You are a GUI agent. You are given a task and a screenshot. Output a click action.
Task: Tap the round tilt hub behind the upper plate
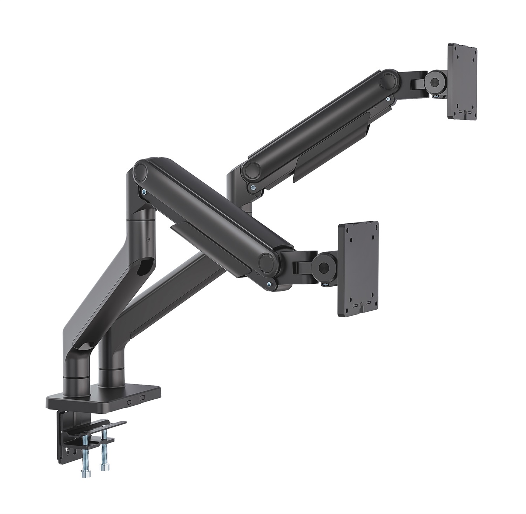tap(434, 81)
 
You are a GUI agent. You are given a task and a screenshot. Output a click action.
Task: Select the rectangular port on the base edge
tap(142, 398)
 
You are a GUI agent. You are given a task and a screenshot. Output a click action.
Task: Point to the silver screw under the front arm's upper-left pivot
tap(144, 192)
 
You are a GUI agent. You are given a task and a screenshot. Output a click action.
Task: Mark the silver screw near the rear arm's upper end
tap(388, 99)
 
